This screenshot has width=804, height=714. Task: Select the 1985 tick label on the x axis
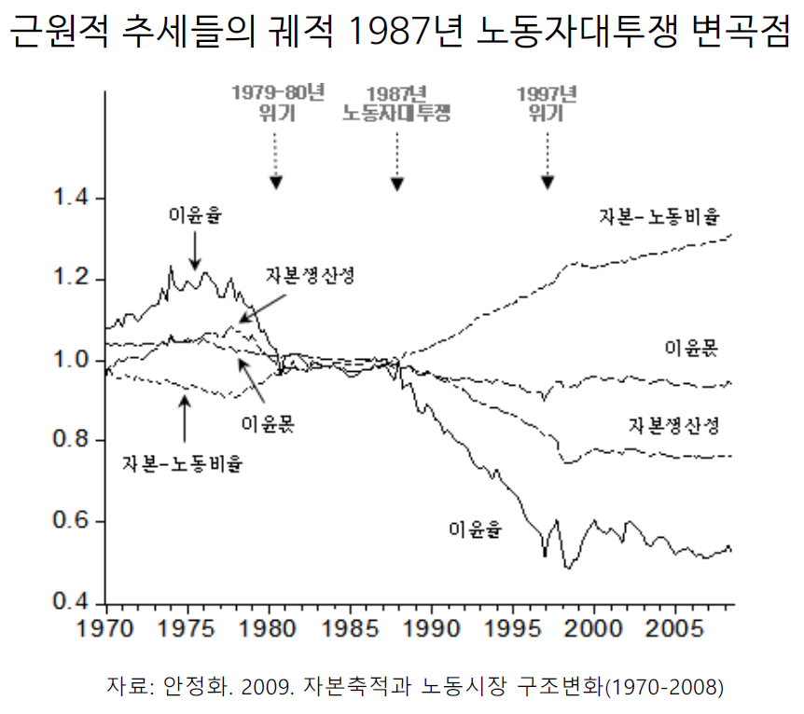coord(349,624)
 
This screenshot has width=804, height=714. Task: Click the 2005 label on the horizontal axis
coord(675,624)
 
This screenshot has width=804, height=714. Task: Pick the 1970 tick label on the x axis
coord(105,624)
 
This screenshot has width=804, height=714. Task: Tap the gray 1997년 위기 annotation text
coord(548,103)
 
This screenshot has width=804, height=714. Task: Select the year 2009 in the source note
coord(267,688)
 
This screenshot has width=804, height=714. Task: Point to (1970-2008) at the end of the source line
coord(664,688)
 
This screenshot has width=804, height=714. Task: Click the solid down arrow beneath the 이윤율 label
coord(195,250)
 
